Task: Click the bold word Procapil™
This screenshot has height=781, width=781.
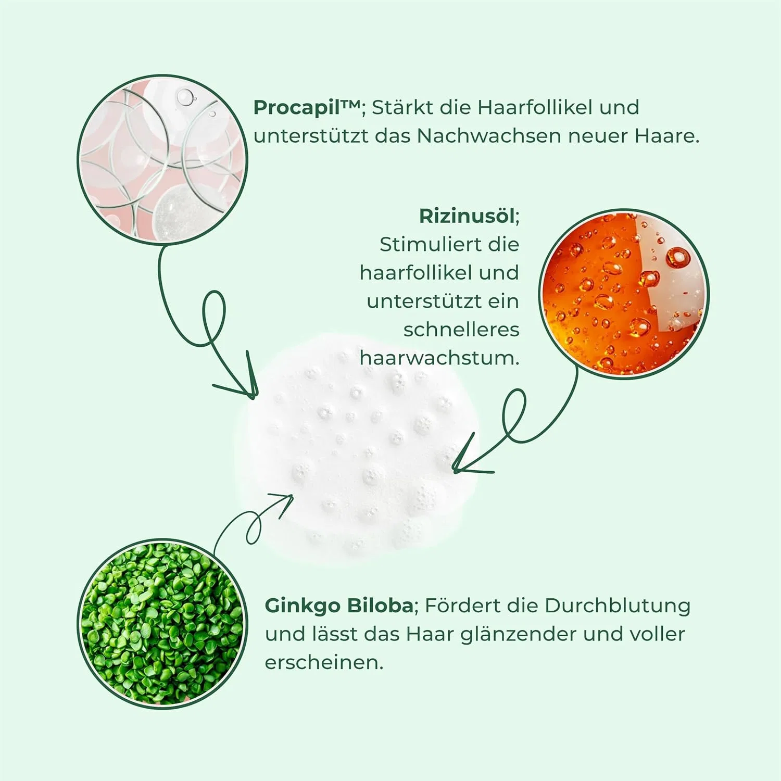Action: point(307,108)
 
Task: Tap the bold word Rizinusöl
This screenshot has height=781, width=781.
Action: point(468,216)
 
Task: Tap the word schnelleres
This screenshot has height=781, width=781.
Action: point(461,330)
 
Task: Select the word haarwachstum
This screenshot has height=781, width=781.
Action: point(438,358)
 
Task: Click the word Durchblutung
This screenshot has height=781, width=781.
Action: point(618,606)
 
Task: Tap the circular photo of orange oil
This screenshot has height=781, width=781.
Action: point(624,294)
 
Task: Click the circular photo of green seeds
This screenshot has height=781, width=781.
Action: point(162,624)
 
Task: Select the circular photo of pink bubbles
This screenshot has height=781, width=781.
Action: point(162,160)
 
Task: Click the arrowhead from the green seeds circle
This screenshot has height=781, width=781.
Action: point(282,503)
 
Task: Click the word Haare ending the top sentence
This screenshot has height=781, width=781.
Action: point(666,136)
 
